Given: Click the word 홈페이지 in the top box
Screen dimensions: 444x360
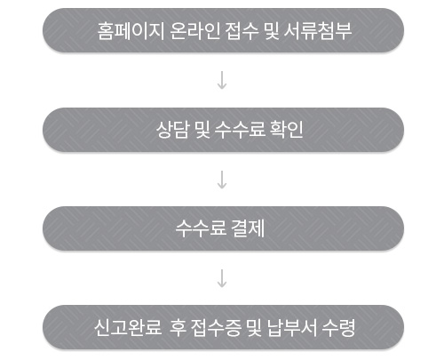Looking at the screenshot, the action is (131, 31).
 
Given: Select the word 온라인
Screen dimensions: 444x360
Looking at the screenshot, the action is (195, 31).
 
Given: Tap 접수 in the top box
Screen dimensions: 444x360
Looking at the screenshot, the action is (242, 31).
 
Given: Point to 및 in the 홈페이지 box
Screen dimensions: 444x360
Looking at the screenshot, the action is (272, 31).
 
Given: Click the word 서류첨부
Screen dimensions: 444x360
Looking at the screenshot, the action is (318, 31).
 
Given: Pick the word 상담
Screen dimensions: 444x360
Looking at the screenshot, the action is (172, 130).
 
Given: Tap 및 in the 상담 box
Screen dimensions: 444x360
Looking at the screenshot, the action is (202, 130).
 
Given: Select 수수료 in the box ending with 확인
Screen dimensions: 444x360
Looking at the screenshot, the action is (240, 130).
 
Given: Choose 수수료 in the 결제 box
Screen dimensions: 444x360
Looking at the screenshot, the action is (201, 228).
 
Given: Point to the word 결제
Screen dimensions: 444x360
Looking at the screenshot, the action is (248, 228).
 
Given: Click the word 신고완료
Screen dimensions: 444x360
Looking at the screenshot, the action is (128, 327).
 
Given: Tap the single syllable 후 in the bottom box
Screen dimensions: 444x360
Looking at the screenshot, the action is (178, 327).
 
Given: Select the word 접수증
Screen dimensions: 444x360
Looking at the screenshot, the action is (216, 327).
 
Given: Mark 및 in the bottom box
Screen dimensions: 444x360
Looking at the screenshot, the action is (254, 327).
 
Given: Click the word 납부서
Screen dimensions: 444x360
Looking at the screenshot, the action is (292, 327).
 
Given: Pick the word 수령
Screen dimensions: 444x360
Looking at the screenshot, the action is (338, 327).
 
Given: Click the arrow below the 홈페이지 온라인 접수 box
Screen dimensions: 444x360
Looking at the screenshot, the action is (222, 80).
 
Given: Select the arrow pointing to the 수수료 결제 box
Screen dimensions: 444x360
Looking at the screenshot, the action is (222, 180).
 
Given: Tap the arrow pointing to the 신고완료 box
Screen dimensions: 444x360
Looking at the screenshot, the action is (222, 278).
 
